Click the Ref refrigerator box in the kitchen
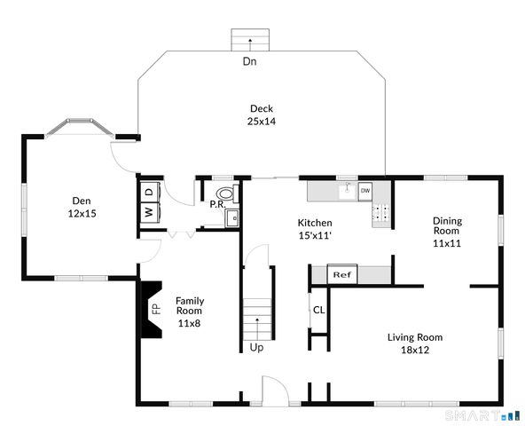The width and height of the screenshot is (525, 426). click(x=342, y=274)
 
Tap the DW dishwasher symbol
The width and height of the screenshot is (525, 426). click(x=365, y=191)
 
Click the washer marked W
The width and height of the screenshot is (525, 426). click(x=149, y=212)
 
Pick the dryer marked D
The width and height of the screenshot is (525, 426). click(x=150, y=192)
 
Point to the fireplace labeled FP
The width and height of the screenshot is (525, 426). click(x=152, y=309)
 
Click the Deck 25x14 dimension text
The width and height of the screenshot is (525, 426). click(x=262, y=121)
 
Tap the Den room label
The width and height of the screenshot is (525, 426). click(x=82, y=201)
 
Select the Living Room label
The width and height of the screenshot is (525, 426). click(x=415, y=337)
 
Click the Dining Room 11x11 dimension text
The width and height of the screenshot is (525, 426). click(x=447, y=243)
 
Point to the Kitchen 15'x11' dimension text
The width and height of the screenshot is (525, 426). click(x=315, y=235)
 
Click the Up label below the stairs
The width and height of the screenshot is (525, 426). click(x=256, y=348)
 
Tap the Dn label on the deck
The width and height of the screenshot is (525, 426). click(x=249, y=61)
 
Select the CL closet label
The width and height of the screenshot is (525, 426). click(x=318, y=310)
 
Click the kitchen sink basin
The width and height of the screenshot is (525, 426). click(x=348, y=191)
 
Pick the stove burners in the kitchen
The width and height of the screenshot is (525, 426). click(x=381, y=212)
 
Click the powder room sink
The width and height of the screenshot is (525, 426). click(x=232, y=218)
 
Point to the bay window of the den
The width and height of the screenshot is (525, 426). click(x=80, y=127)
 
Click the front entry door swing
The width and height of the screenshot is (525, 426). click(x=275, y=390)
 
